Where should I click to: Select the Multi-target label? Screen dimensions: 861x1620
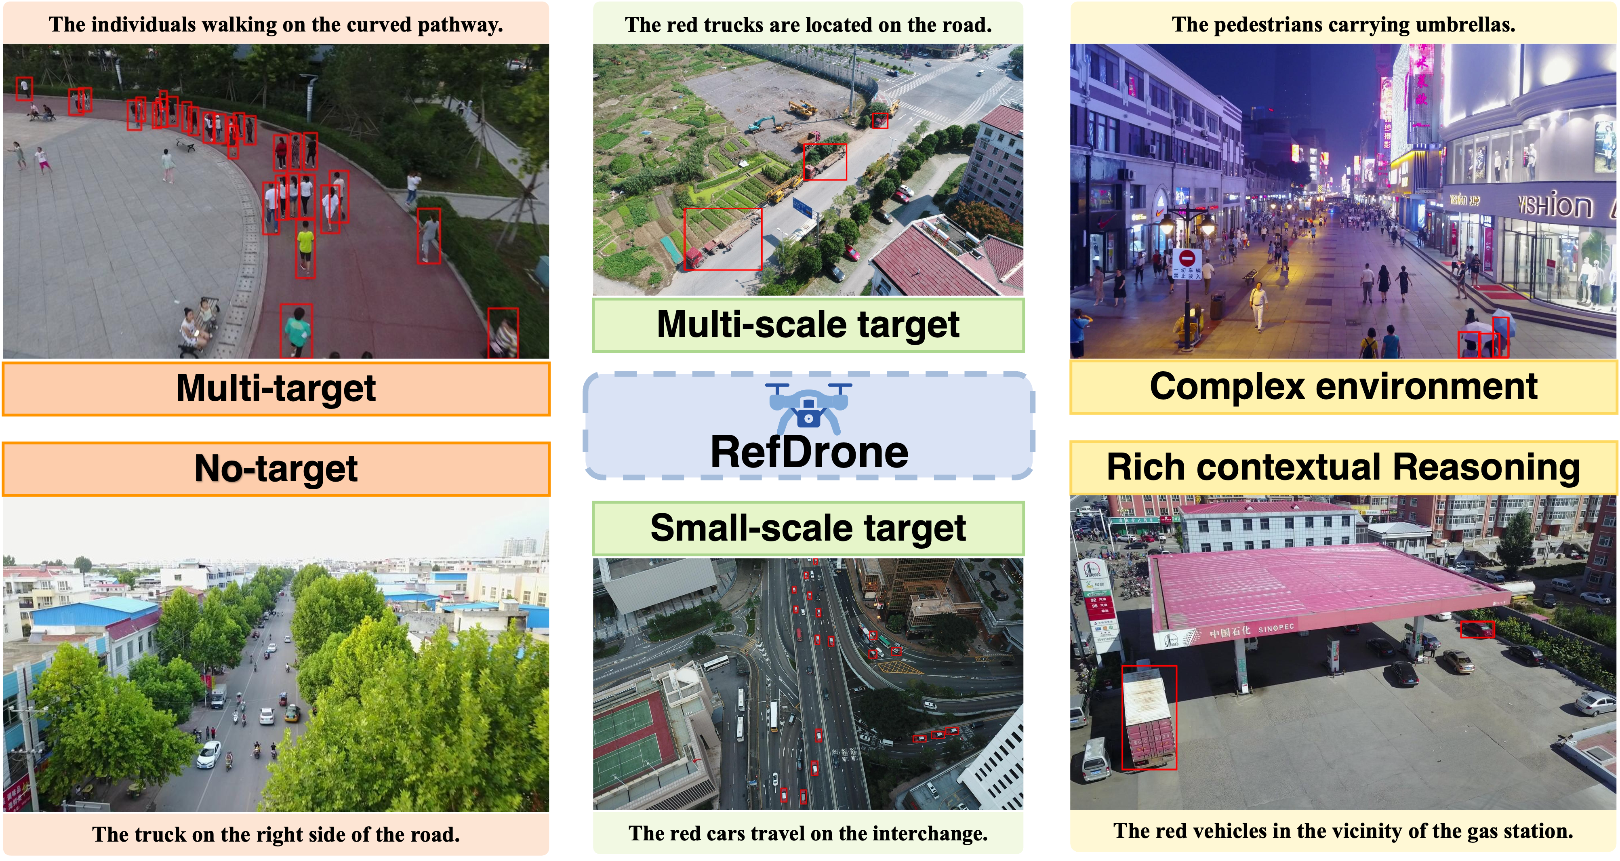[x=276, y=387]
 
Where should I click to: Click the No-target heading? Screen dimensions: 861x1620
[x=276, y=469]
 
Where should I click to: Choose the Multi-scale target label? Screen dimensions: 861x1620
[x=808, y=324]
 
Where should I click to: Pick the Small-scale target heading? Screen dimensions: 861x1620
[x=808, y=528]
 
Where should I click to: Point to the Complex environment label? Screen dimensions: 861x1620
[x=1343, y=386]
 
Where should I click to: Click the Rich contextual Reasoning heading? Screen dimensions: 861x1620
[x=1343, y=467]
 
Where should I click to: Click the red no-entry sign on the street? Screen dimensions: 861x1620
[x=1187, y=259]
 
